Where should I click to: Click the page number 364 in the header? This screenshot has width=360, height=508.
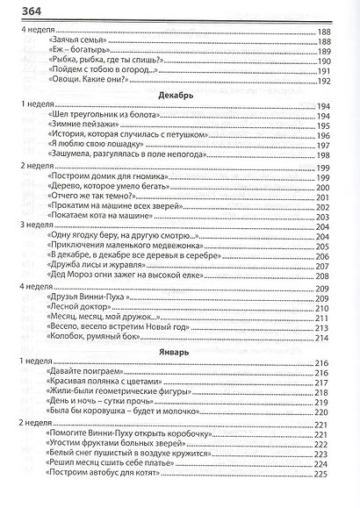pyautogui.click(x=22, y=9)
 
